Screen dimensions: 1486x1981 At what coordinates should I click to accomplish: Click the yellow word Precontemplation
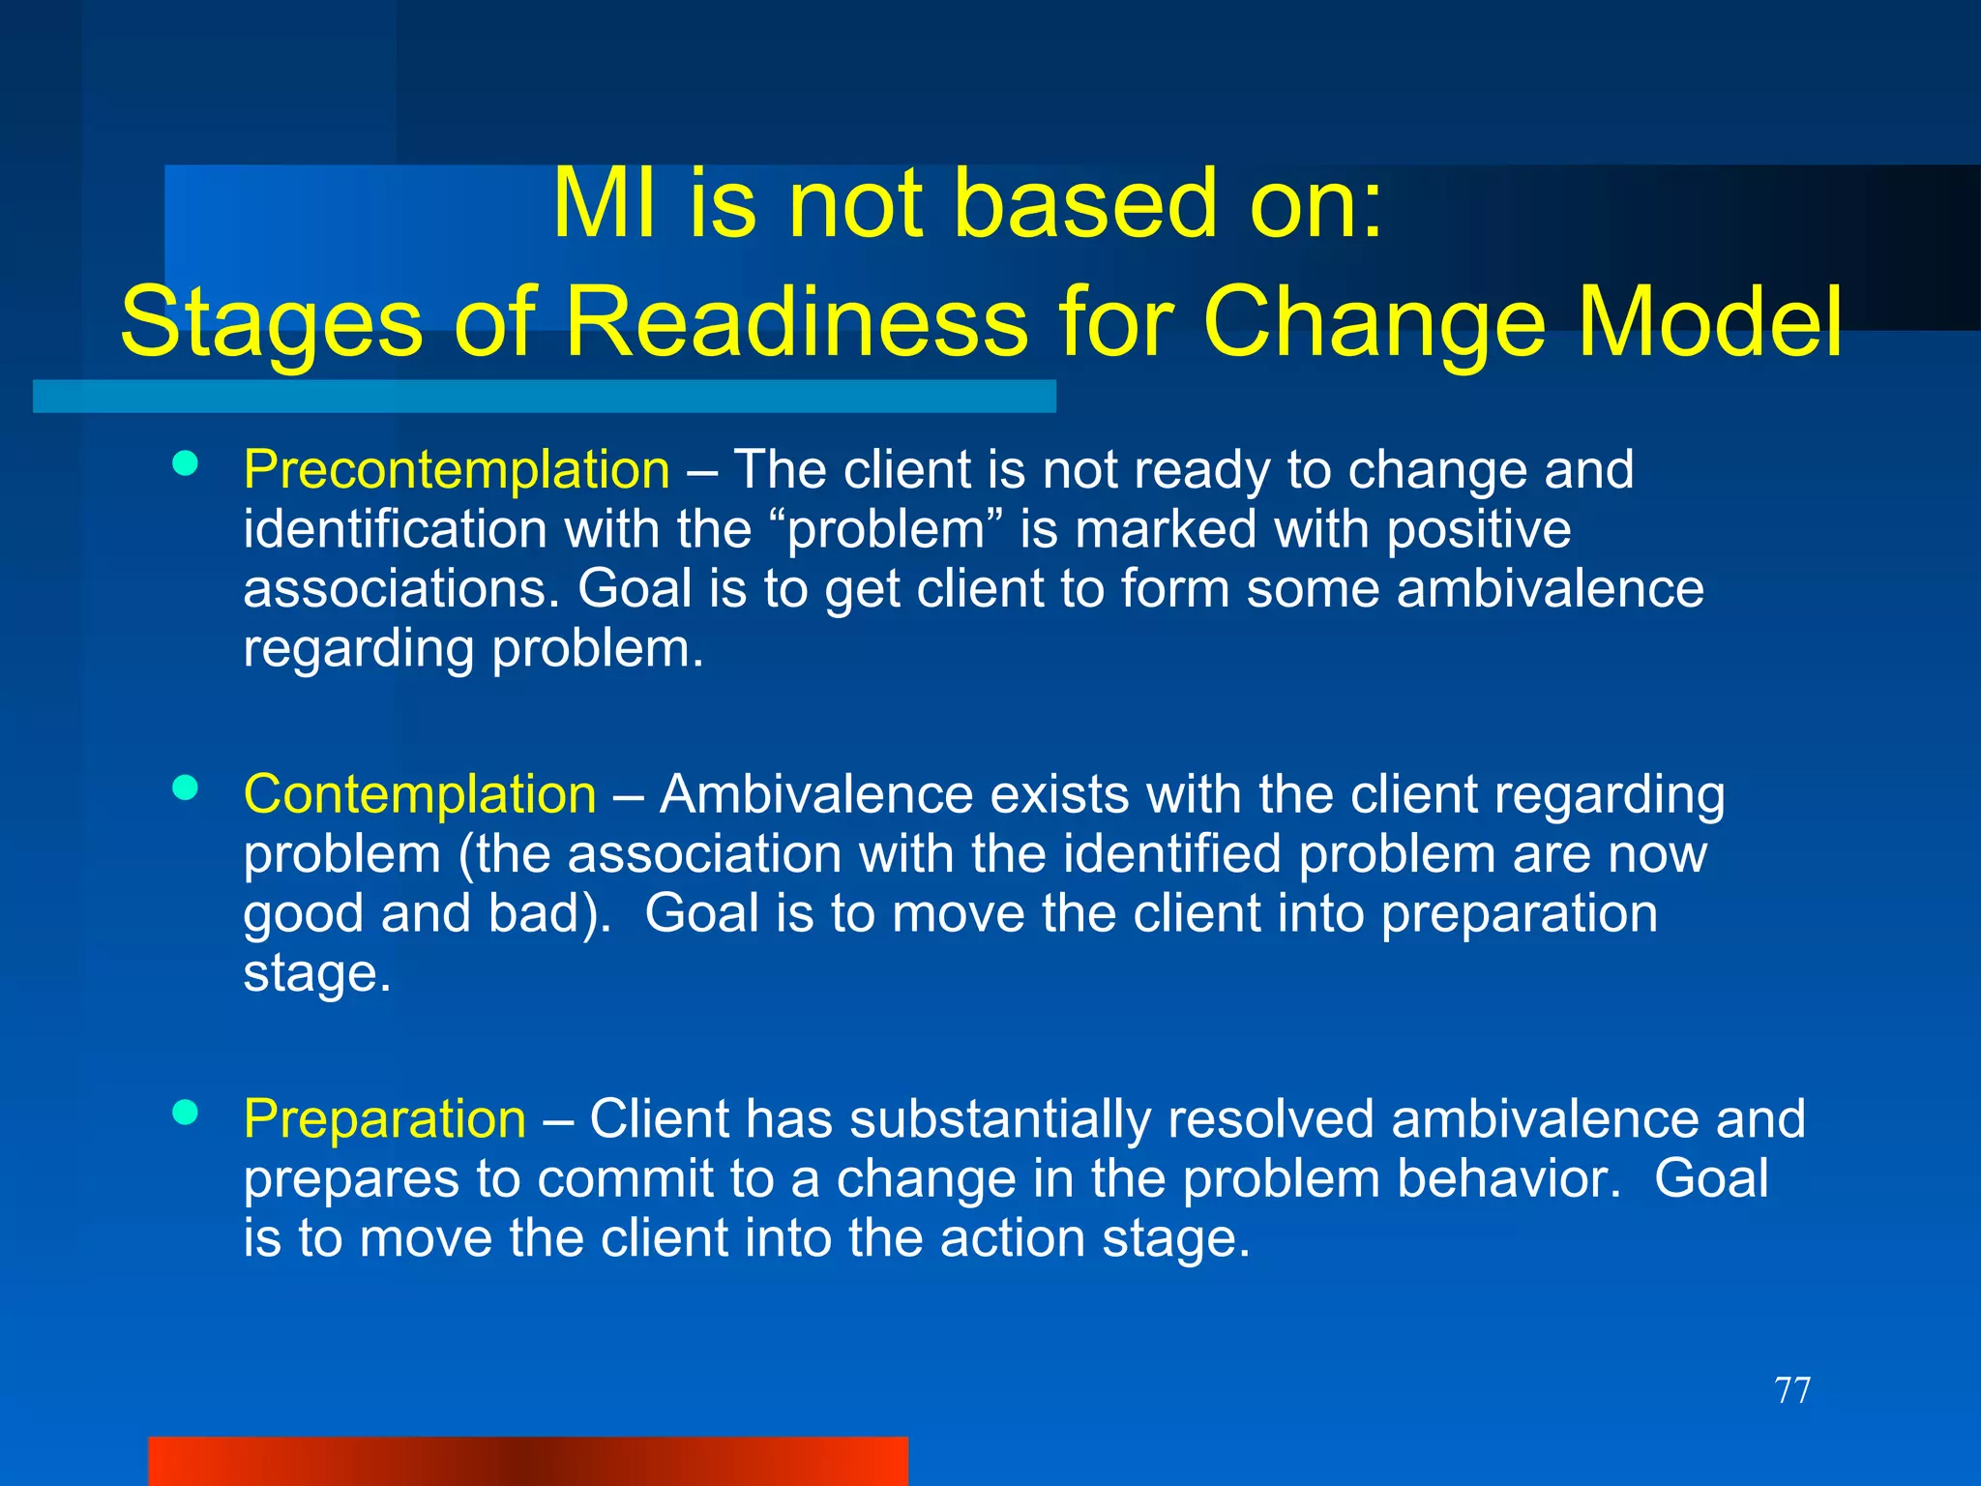pos(456,471)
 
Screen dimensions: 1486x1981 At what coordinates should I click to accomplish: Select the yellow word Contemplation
pos(419,795)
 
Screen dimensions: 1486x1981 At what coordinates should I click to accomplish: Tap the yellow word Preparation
pos(384,1120)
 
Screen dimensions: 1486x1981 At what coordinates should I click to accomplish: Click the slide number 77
pos(1792,1391)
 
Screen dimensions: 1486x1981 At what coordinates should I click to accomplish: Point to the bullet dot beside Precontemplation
pos(185,463)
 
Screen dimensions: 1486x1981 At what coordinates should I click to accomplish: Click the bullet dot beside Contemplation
pos(185,788)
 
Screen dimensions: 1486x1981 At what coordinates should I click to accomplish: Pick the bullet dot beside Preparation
pos(185,1113)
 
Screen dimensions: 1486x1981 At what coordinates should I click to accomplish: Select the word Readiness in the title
pos(795,322)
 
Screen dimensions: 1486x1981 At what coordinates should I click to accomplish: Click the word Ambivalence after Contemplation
pos(817,795)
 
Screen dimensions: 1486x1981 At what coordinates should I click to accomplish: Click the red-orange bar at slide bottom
pos(527,1462)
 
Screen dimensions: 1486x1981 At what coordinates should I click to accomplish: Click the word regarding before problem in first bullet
pos(359,650)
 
